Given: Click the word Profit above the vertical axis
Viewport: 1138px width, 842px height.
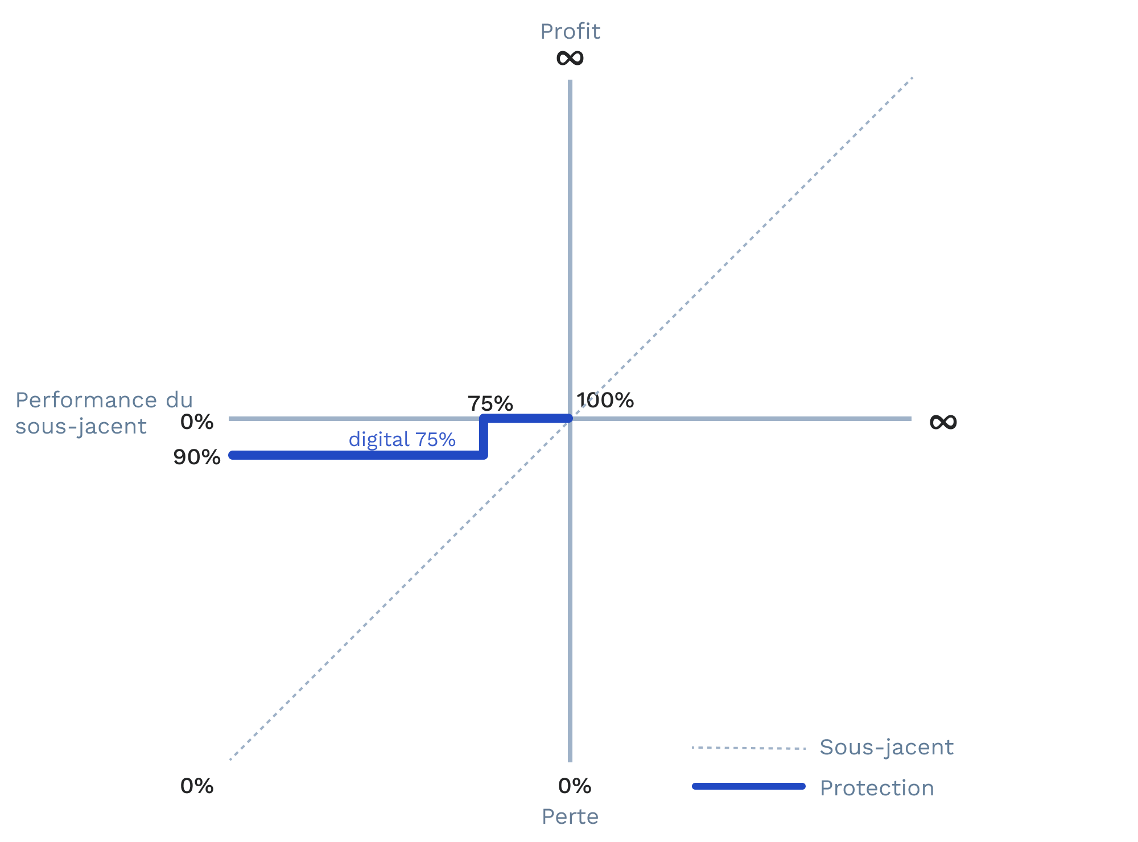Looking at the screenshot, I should pyautogui.click(x=570, y=31).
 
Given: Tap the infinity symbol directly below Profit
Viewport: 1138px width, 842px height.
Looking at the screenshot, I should pyautogui.click(x=570, y=57).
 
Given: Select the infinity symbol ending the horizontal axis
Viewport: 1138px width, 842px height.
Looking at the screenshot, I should pyautogui.click(x=943, y=422).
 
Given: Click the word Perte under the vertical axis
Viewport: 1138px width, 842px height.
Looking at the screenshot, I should pyautogui.click(x=570, y=816).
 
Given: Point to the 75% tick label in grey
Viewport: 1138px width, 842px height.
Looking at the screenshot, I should pyautogui.click(x=490, y=403).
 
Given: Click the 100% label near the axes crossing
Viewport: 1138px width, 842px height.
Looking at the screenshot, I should pyautogui.click(x=605, y=401).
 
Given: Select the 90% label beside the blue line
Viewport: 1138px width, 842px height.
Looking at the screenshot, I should pyautogui.click(x=197, y=457).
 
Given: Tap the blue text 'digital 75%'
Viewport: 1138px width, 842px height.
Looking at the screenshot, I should pyautogui.click(x=402, y=439).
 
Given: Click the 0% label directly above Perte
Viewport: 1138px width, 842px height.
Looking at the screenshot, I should pyautogui.click(x=575, y=786).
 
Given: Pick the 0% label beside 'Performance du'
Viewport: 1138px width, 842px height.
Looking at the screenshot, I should pyautogui.click(x=197, y=422).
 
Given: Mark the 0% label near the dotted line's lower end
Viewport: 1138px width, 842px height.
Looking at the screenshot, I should pyautogui.click(x=197, y=786).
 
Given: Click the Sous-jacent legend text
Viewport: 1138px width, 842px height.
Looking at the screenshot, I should pyautogui.click(x=886, y=747).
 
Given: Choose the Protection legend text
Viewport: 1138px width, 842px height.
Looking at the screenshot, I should pyautogui.click(x=877, y=788).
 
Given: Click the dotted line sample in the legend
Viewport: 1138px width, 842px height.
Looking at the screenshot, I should pyautogui.click(x=749, y=748).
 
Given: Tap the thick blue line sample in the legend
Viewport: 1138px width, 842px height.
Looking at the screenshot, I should pyautogui.click(x=749, y=786).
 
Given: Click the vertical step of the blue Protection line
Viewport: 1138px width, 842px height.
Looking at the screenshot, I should pyautogui.click(x=484, y=437).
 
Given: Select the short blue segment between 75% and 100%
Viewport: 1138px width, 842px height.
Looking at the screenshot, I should pyautogui.click(x=526, y=419).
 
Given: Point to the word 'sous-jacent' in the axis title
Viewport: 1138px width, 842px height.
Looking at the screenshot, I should pyautogui.click(x=81, y=426).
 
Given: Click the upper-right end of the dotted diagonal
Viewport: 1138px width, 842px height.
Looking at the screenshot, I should pyautogui.click(x=912, y=77).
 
